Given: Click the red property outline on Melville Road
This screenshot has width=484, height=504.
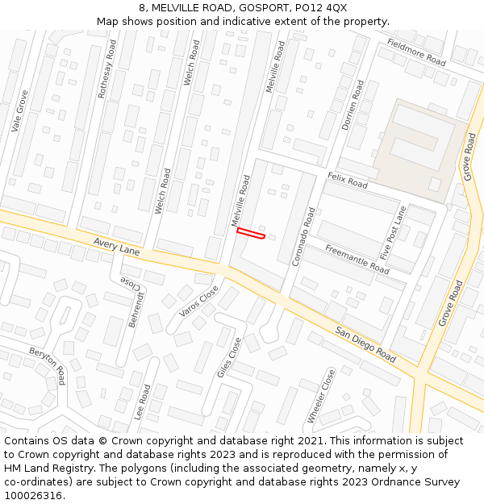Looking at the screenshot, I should coord(251,234).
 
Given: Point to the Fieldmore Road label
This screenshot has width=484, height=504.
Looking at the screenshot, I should coord(415,52).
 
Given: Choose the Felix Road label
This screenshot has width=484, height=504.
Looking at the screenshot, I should coord(347,180).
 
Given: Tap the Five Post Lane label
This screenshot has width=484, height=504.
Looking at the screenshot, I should coord(394,232).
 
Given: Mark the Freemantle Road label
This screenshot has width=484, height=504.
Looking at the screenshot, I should coord(357,259).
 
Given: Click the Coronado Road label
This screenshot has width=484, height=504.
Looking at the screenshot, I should coord(304,237).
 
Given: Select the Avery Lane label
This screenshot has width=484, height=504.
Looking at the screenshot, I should coord(116,246).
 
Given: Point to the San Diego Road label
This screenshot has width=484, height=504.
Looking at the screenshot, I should coord(366,344).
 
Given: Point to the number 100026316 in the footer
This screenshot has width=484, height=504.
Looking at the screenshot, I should coord(35,496).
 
